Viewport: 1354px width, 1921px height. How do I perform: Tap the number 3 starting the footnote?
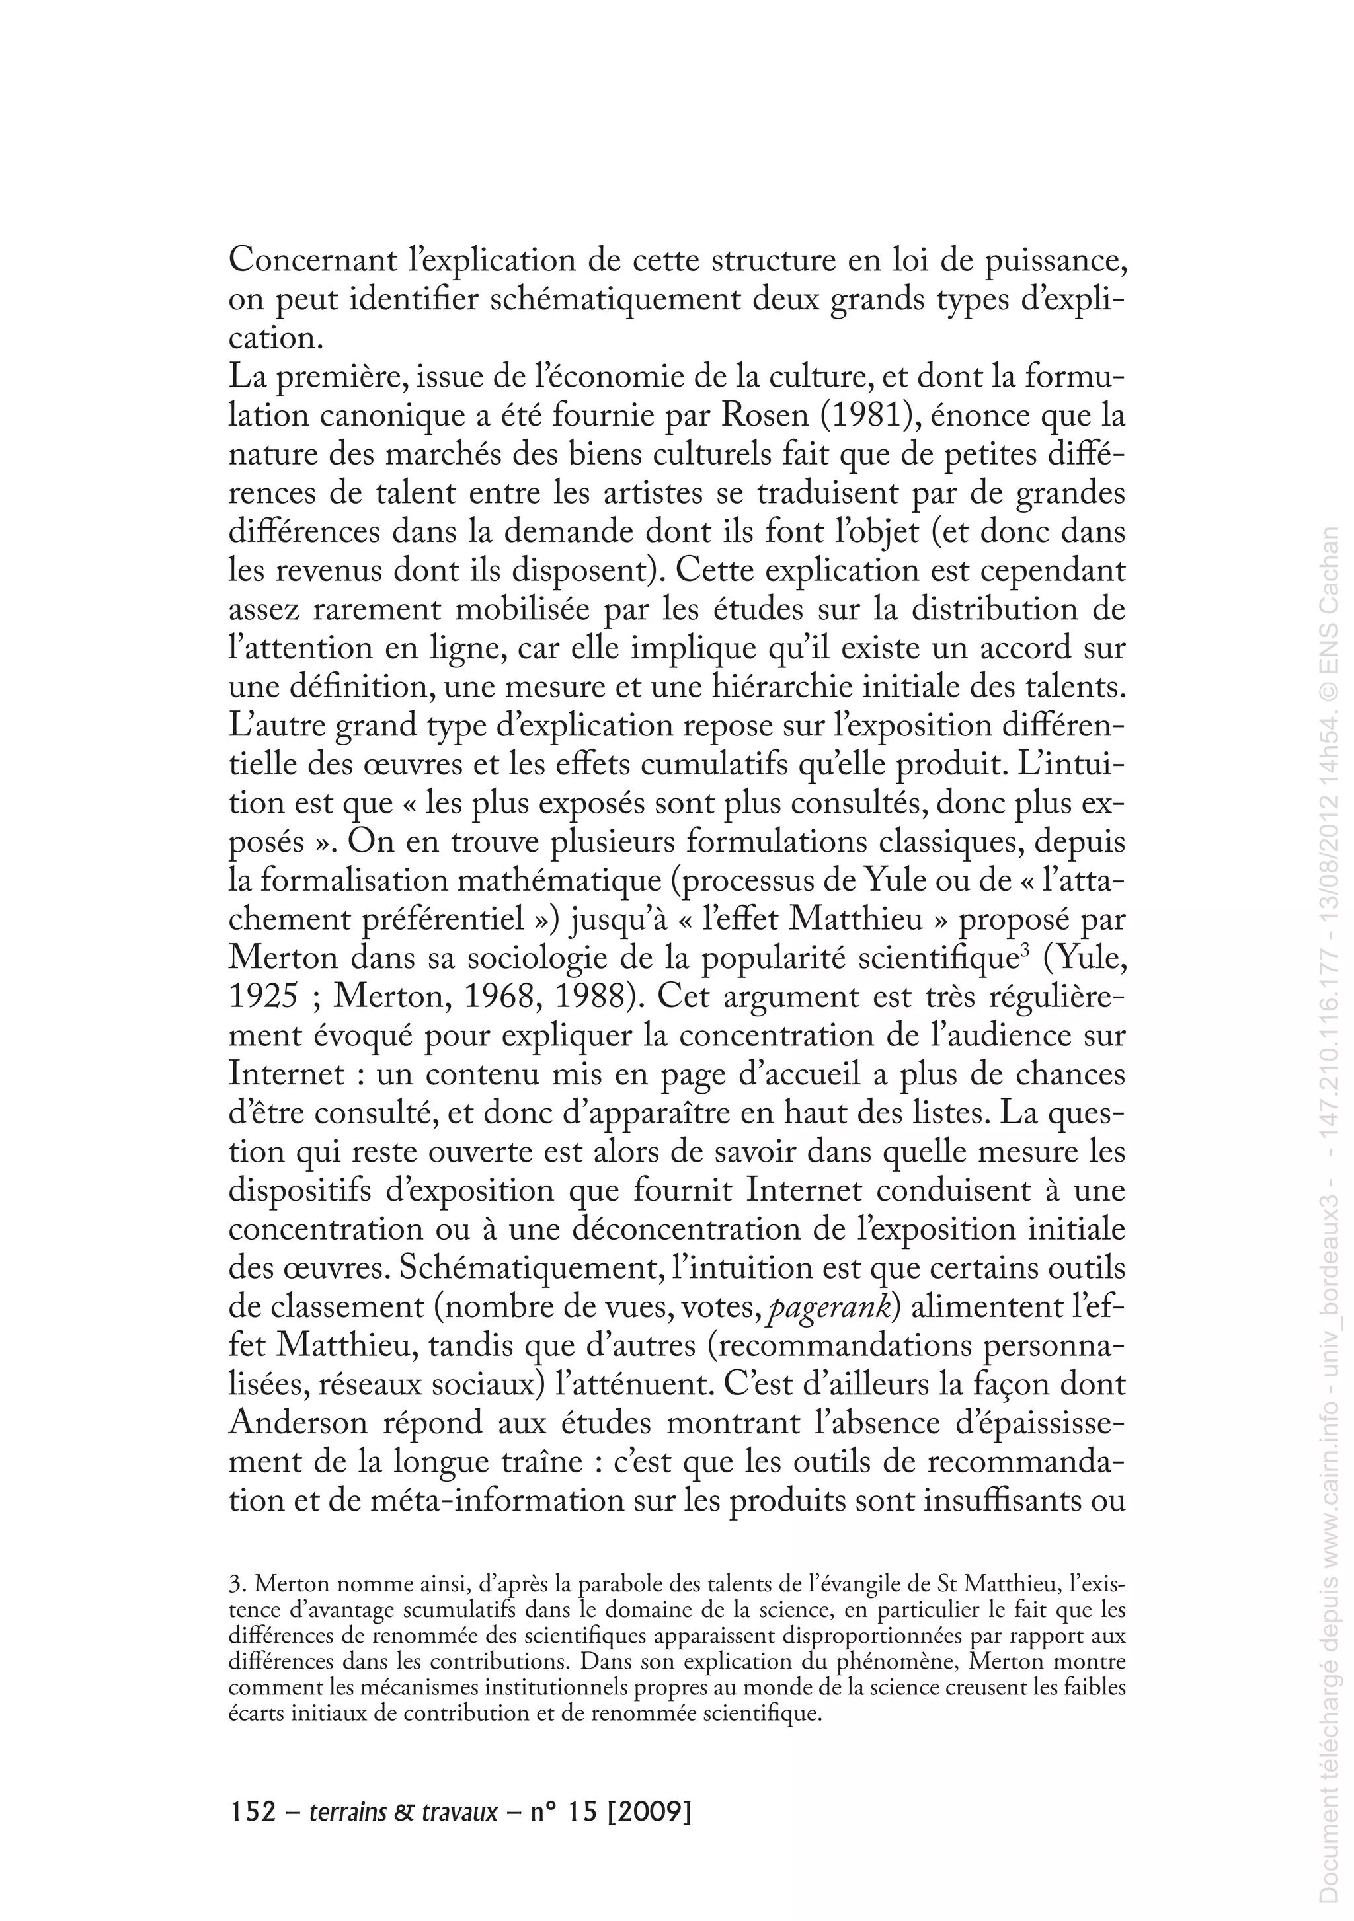point(233,1584)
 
